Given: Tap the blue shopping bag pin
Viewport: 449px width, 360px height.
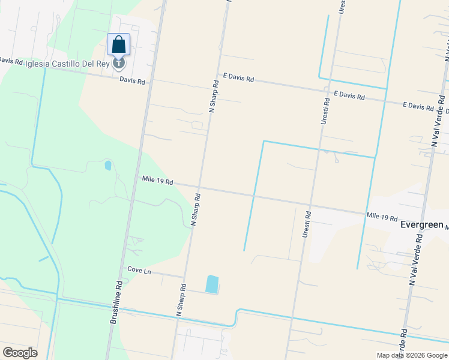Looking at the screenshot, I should pos(119,44).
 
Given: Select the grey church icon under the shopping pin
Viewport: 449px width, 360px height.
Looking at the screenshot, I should pos(119,62).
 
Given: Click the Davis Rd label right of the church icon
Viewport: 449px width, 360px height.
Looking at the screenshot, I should pos(132,80).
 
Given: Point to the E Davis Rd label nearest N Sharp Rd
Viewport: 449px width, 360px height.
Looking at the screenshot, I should pos(238,78).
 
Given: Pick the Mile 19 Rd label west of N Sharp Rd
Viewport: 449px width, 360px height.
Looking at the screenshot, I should pos(157,180).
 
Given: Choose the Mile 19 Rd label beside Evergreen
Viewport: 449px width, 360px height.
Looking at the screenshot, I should pos(382,217).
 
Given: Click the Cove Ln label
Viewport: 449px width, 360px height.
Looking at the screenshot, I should pos(139,271).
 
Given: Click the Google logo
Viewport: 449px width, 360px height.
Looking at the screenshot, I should pos(20,353).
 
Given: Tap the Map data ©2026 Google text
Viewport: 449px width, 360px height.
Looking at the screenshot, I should pos(411,355).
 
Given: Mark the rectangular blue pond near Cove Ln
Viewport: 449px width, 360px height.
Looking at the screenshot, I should pos(211,284).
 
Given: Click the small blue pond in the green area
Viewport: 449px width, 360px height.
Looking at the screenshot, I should pos(108,165).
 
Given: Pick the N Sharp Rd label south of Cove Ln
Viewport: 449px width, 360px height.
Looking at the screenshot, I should pos(181,300).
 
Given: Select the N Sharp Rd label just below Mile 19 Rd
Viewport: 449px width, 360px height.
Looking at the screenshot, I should pos(195,209).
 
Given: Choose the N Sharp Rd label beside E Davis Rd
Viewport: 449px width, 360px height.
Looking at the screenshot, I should pos(213,95).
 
